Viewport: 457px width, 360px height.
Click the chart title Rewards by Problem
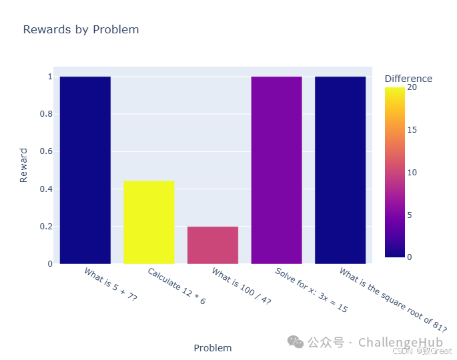(81, 29)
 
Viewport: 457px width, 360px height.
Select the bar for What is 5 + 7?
(85, 170)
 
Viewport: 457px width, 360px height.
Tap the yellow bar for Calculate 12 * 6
(149, 222)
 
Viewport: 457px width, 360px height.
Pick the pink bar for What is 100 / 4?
(213, 245)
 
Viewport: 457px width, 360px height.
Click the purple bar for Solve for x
(276, 170)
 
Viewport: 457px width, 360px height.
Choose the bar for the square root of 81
(340, 170)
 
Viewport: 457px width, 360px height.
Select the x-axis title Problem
(213, 348)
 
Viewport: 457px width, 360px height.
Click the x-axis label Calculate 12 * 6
(177, 286)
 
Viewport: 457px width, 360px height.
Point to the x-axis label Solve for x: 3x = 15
(311, 291)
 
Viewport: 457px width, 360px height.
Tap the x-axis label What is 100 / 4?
(241, 286)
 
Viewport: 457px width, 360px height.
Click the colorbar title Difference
(408, 79)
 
